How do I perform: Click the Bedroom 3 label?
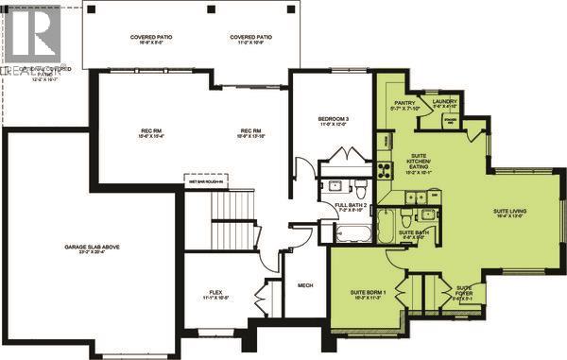[x=335, y=118]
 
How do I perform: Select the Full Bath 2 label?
[x=352, y=205]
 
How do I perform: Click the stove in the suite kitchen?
[x=386, y=171]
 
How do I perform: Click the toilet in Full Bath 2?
[x=330, y=185]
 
